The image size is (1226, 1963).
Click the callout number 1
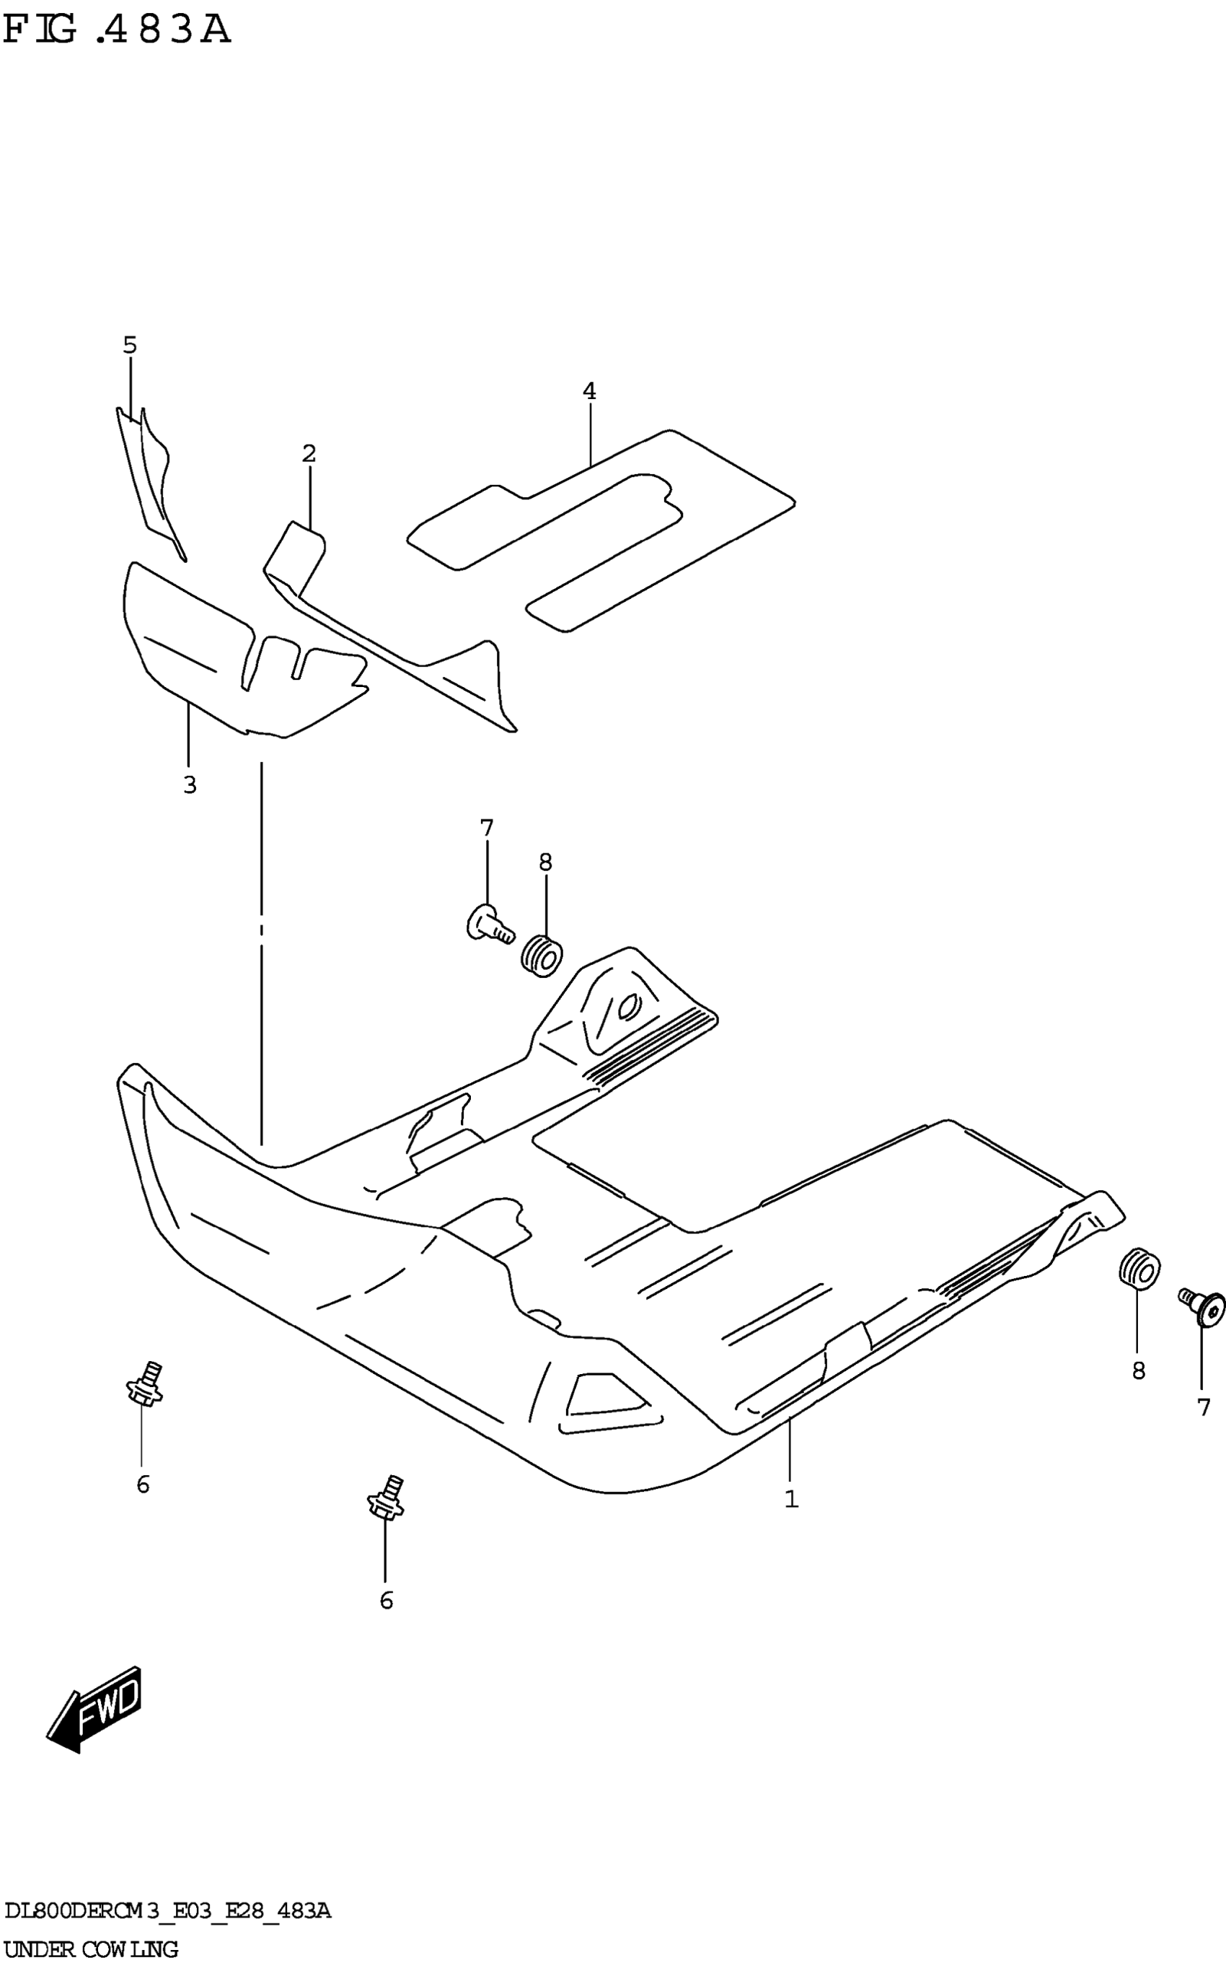(791, 1499)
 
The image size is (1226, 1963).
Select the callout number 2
(309, 454)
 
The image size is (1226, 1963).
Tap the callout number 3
(190, 785)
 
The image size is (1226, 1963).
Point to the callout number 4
(589, 392)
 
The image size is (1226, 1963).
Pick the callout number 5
(130, 346)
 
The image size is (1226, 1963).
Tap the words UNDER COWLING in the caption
(91, 1949)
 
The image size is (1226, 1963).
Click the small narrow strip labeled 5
(150, 478)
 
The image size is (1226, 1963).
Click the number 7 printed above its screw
(487, 829)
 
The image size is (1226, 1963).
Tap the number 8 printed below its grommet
(1139, 1371)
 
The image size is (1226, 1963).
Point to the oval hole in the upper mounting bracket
(629, 1006)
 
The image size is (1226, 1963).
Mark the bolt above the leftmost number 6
(144, 1387)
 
